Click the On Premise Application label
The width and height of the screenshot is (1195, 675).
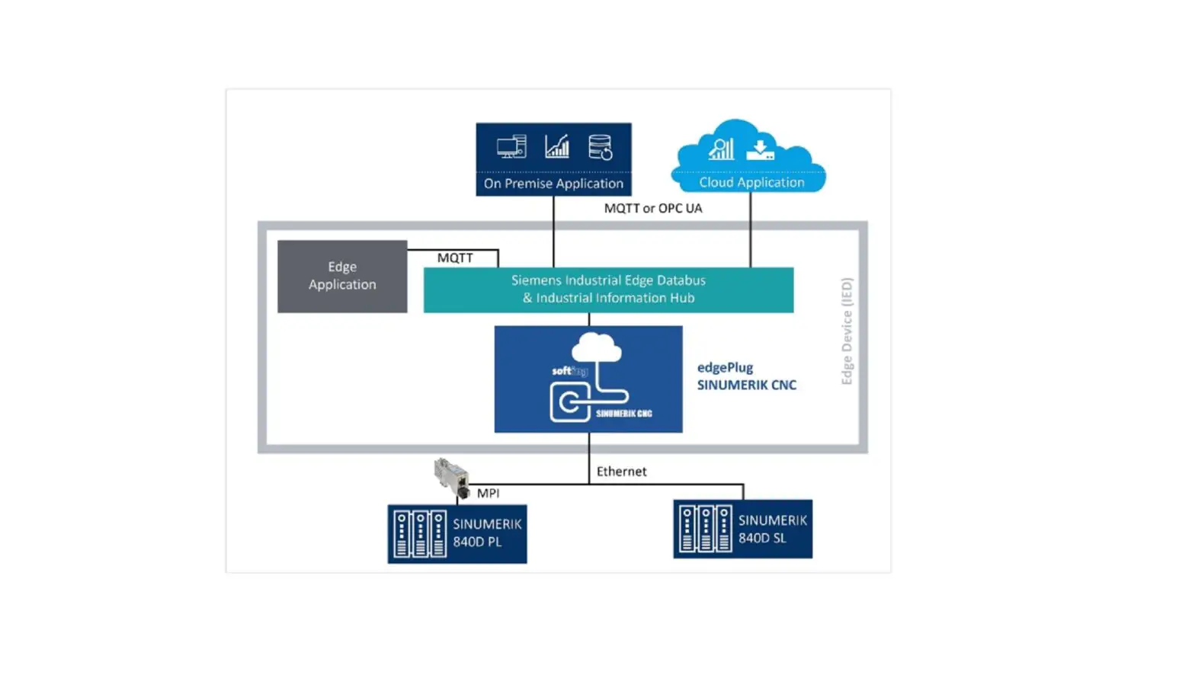[553, 184]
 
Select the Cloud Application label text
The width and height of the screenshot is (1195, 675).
[751, 182]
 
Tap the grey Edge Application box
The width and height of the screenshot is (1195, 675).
[342, 276]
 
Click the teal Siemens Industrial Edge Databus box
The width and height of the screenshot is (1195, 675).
[608, 290]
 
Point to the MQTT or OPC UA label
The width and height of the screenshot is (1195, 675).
[653, 208]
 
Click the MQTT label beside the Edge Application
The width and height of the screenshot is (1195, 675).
[455, 258]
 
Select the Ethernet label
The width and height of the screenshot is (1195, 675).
[621, 472]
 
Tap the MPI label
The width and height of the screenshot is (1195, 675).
[488, 493]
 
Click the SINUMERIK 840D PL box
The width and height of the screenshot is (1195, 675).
[457, 533]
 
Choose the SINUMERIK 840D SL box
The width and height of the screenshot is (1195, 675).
[742, 529]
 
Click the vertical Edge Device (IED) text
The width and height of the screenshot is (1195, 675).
[847, 331]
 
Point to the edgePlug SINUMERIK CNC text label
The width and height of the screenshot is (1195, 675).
[746, 376]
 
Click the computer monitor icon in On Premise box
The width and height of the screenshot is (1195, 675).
[511, 146]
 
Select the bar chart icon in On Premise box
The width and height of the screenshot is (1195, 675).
[557, 146]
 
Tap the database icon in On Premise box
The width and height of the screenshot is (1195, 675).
[601, 147]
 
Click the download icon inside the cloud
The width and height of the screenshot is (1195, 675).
[760, 149]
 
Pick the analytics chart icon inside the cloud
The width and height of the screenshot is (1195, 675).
[721, 149]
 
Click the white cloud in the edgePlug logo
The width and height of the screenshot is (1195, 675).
[596, 347]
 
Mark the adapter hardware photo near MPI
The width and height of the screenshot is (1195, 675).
[452, 477]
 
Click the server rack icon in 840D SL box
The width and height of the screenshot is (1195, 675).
[705, 529]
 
